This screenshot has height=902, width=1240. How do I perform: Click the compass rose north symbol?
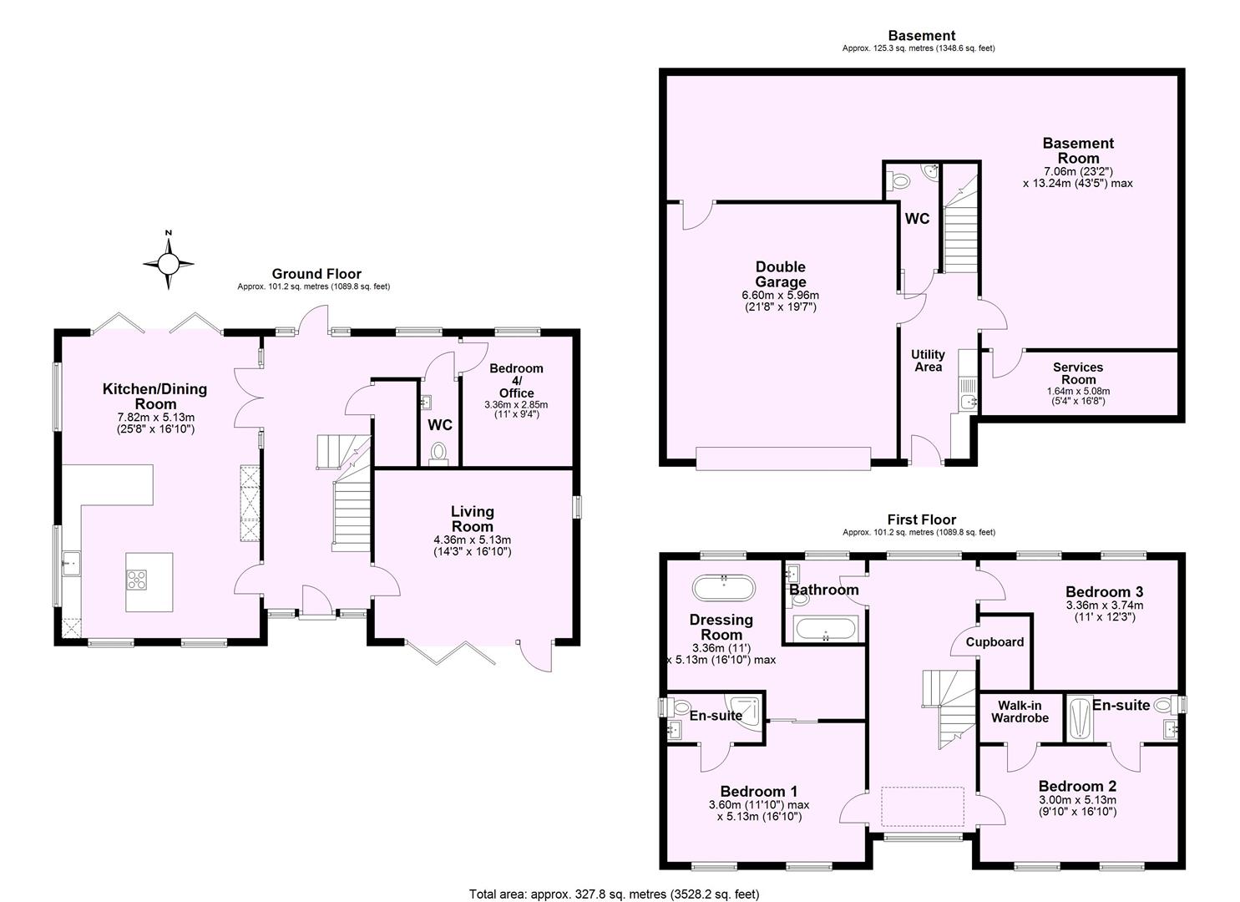(x=169, y=263)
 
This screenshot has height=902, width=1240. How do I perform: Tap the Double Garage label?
(x=780, y=275)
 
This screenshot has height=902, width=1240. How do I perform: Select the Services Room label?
(x=1077, y=373)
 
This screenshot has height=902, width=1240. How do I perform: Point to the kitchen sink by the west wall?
(x=69, y=565)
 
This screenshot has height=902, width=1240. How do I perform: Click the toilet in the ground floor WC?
(x=438, y=454)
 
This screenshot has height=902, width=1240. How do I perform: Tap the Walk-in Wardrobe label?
(x=1020, y=712)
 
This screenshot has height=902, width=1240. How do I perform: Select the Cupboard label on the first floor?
(x=995, y=642)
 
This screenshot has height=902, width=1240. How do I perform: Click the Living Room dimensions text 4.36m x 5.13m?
(x=472, y=540)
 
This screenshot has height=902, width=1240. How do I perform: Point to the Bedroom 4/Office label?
(x=516, y=381)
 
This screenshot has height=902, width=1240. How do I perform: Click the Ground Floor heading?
(x=316, y=274)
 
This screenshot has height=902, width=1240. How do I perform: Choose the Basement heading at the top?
(x=921, y=35)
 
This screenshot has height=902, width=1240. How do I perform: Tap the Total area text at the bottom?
(x=614, y=894)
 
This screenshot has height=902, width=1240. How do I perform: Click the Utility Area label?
(x=928, y=361)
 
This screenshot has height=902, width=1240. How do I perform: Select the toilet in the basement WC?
(x=898, y=180)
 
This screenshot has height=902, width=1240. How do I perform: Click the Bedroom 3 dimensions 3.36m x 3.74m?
(x=1104, y=606)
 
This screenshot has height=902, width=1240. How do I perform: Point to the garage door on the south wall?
(x=782, y=459)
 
